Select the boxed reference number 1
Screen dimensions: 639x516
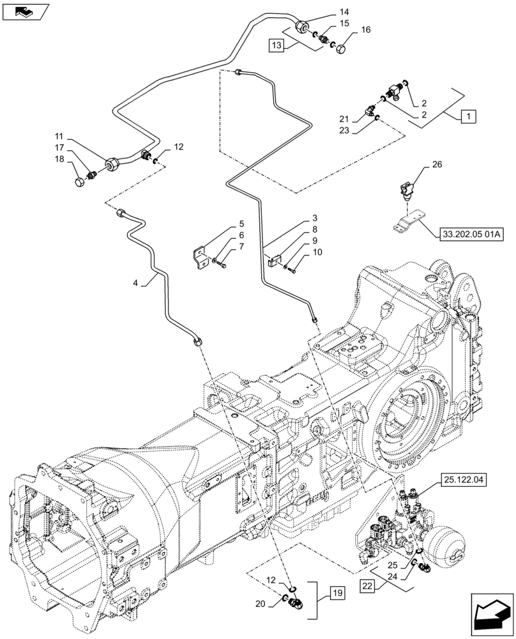469,116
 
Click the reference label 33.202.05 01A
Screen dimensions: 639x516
471,235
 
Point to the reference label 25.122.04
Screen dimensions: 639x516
462,478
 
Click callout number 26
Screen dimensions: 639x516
436,164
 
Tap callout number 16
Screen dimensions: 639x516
365,29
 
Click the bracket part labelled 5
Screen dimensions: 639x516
199,256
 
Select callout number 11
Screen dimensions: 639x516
59,137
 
